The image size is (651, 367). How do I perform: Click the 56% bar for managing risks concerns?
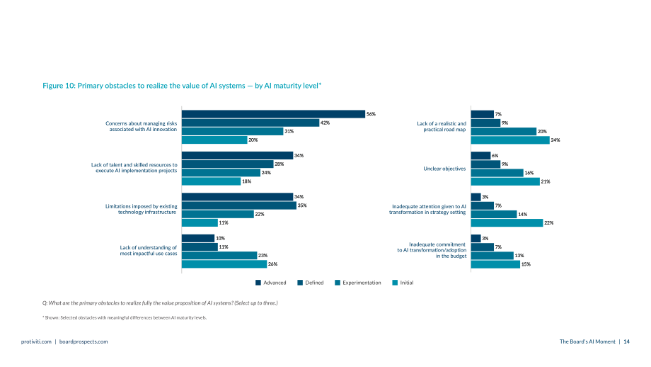coord(273,114)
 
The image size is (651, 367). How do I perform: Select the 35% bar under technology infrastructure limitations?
coord(239,205)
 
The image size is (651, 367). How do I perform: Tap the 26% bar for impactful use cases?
coord(224,264)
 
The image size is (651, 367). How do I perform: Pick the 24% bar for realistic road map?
coord(510,140)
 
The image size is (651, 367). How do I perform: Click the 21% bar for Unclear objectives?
coord(505,181)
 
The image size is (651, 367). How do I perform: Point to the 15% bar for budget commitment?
coord(495,264)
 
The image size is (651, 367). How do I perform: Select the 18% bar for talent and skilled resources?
coord(212,181)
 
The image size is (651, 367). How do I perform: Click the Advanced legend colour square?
coord(258,283)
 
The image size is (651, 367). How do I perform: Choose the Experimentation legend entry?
coord(358,283)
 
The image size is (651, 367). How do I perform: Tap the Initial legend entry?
coord(403,283)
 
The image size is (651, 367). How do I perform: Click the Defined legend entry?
coord(311,283)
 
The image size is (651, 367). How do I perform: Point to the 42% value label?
coord(325,123)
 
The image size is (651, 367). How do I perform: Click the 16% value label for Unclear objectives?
coord(529,173)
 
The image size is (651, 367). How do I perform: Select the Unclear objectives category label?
coord(444,169)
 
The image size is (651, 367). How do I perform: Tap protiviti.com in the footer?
coord(36,341)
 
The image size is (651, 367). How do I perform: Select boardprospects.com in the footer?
coord(83,341)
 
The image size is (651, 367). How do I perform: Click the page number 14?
coord(626,341)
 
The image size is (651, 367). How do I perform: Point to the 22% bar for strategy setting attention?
coord(507,222)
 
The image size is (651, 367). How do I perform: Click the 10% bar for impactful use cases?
coord(198,238)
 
